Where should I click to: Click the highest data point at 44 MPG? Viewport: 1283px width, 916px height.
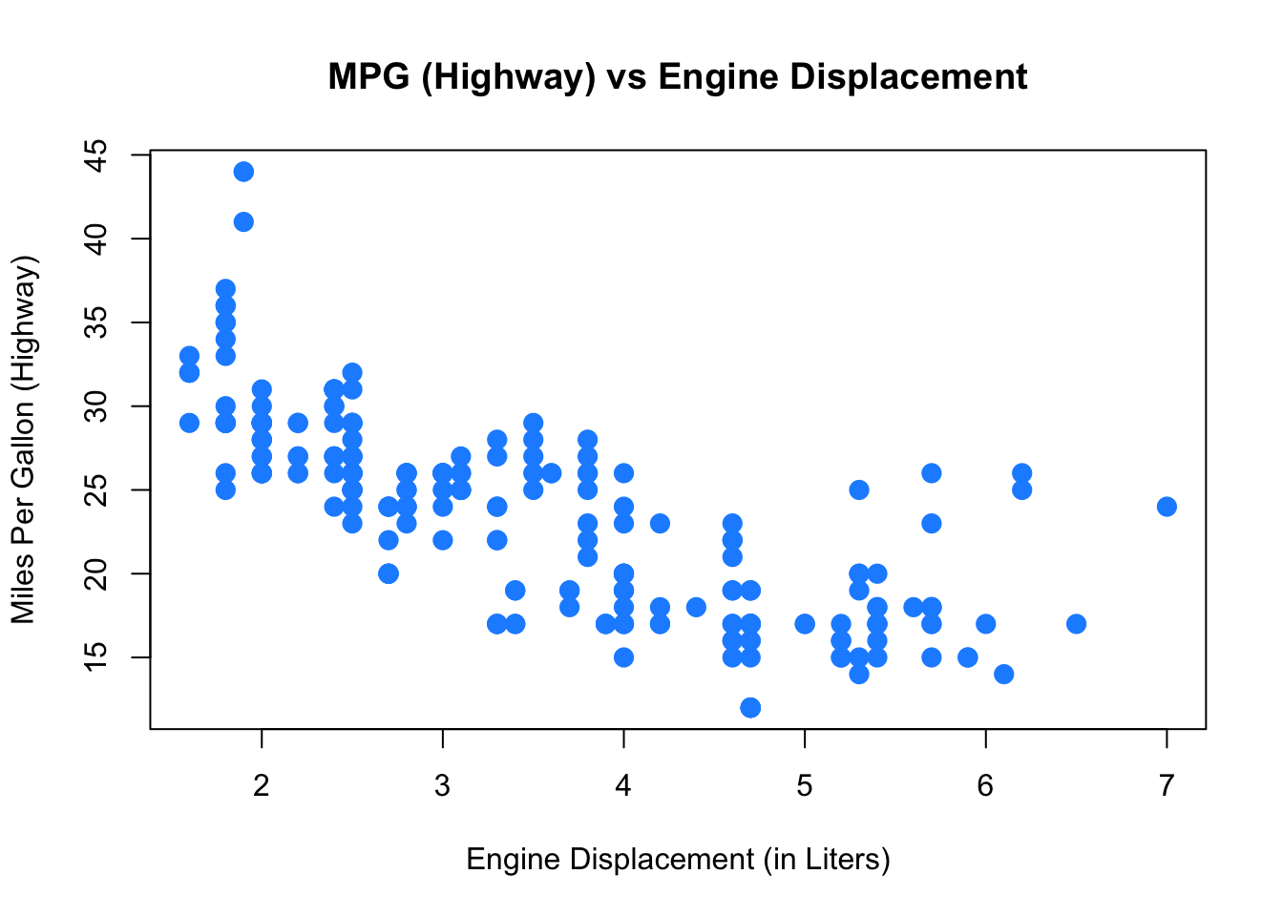pos(243,172)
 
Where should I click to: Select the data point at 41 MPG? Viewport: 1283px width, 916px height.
pos(243,222)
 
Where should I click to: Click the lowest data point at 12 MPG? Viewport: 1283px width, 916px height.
pos(750,708)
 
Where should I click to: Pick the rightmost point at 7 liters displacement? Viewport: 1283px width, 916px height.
pos(1167,507)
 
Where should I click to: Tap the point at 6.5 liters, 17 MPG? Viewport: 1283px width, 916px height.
pos(1076,623)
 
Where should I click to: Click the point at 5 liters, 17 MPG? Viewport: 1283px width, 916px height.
pos(805,623)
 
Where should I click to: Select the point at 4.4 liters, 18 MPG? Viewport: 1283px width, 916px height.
pos(696,607)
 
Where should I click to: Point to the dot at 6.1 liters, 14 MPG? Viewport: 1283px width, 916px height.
pos(1003,674)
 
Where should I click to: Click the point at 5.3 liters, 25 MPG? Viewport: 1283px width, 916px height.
pos(859,490)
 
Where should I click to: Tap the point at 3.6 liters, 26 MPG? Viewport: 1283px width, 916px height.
pos(551,473)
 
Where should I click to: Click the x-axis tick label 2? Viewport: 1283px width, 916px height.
pos(262,786)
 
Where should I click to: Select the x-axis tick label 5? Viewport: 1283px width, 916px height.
pos(805,786)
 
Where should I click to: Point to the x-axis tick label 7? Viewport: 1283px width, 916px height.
pos(1167,786)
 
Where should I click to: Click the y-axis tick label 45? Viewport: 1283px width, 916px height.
pos(95,156)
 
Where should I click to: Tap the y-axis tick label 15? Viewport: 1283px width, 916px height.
pos(95,656)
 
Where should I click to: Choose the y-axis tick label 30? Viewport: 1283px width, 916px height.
pos(95,406)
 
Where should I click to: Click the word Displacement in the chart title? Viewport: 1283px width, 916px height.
pos(909,77)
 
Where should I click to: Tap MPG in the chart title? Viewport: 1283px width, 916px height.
pos(368,76)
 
